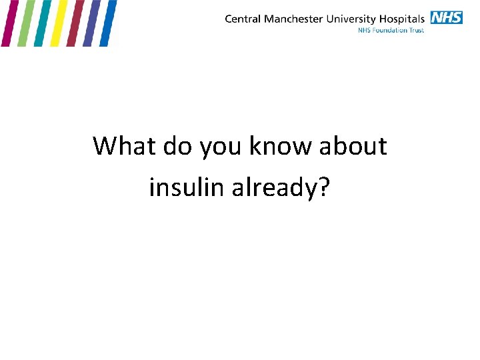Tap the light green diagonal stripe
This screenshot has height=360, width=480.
(25, 23)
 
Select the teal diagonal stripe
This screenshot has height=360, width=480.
(42, 23)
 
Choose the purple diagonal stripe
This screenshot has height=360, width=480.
(91, 23)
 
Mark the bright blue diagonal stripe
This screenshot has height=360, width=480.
(108, 23)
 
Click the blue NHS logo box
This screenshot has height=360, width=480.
(446, 17)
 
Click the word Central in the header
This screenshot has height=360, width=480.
(243, 19)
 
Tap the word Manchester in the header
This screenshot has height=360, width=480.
(293, 19)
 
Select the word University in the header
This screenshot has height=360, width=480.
(349, 19)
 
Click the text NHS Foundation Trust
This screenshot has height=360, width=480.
(391, 30)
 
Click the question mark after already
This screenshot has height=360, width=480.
(323, 187)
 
